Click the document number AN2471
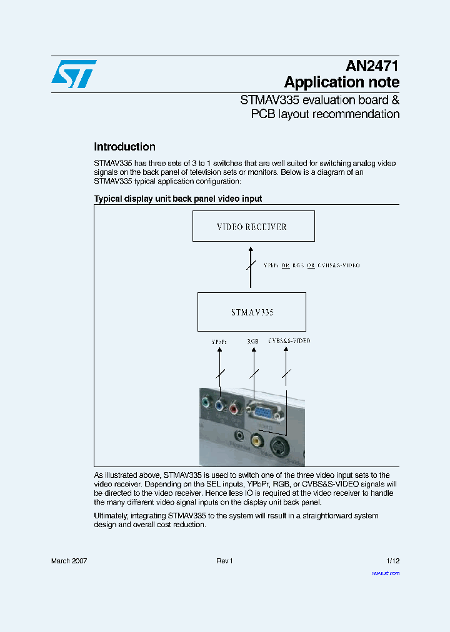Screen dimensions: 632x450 coord(372,66)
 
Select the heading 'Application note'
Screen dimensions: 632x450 coord(341,82)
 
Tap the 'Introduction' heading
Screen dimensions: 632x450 coord(124,147)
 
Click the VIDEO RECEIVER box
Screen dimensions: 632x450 coord(253,226)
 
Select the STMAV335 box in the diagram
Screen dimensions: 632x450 coord(252,312)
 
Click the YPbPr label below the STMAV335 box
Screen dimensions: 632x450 coord(219,342)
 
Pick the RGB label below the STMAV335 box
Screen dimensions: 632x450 coord(253,342)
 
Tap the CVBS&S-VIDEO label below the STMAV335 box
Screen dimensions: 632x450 coord(289,341)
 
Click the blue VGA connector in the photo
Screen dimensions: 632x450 coord(262,412)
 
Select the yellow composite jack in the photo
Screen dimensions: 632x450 coord(256,441)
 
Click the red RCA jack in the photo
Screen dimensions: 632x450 coord(234,409)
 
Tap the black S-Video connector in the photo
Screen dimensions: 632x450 coord(279,446)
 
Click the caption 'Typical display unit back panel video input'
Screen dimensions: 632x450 coord(178,199)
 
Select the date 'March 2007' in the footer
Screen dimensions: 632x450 coord(69,561)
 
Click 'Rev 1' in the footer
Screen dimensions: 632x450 coord(224,561)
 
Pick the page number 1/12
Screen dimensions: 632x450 coord(392,561)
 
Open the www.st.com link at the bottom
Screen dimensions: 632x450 coord(386,573)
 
